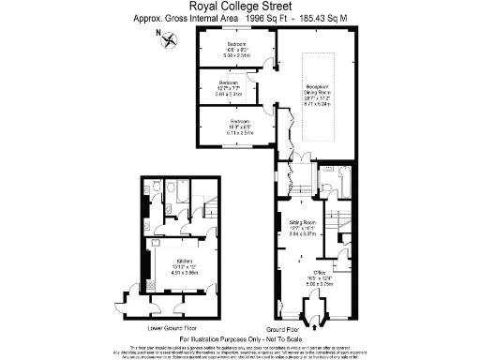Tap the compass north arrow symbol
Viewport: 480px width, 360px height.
click(168, 38)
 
